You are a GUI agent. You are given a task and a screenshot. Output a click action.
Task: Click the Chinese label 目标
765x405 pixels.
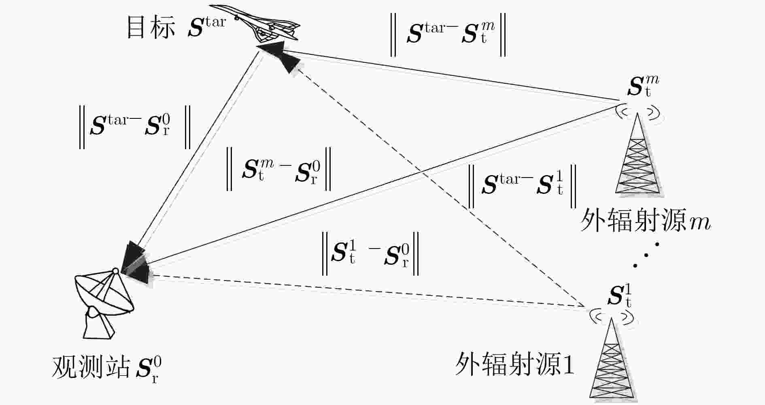151,28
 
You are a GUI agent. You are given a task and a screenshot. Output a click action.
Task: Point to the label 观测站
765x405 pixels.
91,367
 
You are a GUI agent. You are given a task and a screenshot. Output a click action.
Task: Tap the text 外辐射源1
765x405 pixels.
515,364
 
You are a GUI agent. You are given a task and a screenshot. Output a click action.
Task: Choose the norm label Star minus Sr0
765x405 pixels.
134,126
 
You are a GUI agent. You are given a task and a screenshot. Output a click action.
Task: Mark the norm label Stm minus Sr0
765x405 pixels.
279,169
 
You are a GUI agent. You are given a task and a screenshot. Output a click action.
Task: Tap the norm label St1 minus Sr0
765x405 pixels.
370,253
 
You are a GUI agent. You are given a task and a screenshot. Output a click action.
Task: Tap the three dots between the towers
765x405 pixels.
646,255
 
